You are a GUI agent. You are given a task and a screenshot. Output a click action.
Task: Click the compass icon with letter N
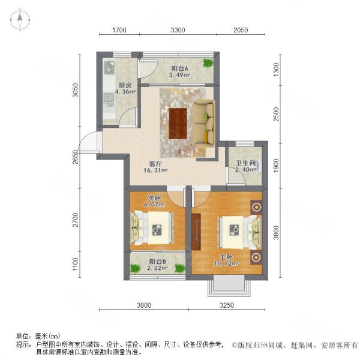click(x=20, y=20)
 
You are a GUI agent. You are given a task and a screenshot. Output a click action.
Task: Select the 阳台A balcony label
click(x=179, y=68)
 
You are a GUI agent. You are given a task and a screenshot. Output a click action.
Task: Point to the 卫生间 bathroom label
click(x=245, y=163)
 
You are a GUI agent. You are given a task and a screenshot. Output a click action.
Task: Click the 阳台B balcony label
click(x=157, y=262)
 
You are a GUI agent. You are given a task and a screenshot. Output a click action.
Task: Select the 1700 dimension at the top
click(x=119, y=30)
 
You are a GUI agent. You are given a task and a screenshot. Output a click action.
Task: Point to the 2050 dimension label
click(x=240, y=30)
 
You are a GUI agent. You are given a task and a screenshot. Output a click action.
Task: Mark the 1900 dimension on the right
click(x=277, y=165)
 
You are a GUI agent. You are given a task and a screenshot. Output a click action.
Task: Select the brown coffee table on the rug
click(x=179, y=122)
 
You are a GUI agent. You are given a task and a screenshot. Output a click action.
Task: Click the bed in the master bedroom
click(x=238, y=229)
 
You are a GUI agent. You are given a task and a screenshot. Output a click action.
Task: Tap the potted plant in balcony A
click(x=208, y=62)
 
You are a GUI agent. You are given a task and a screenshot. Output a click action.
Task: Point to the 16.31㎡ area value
click(x=155, y=171)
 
